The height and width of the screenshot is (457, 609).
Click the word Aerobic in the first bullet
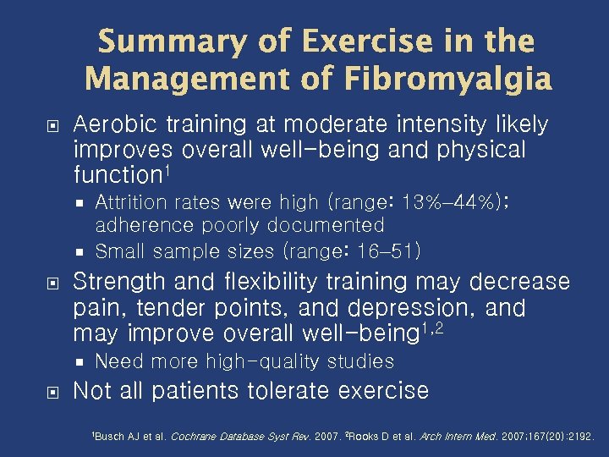tap(112, 125)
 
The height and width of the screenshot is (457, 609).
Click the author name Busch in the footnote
tap(109, 437)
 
